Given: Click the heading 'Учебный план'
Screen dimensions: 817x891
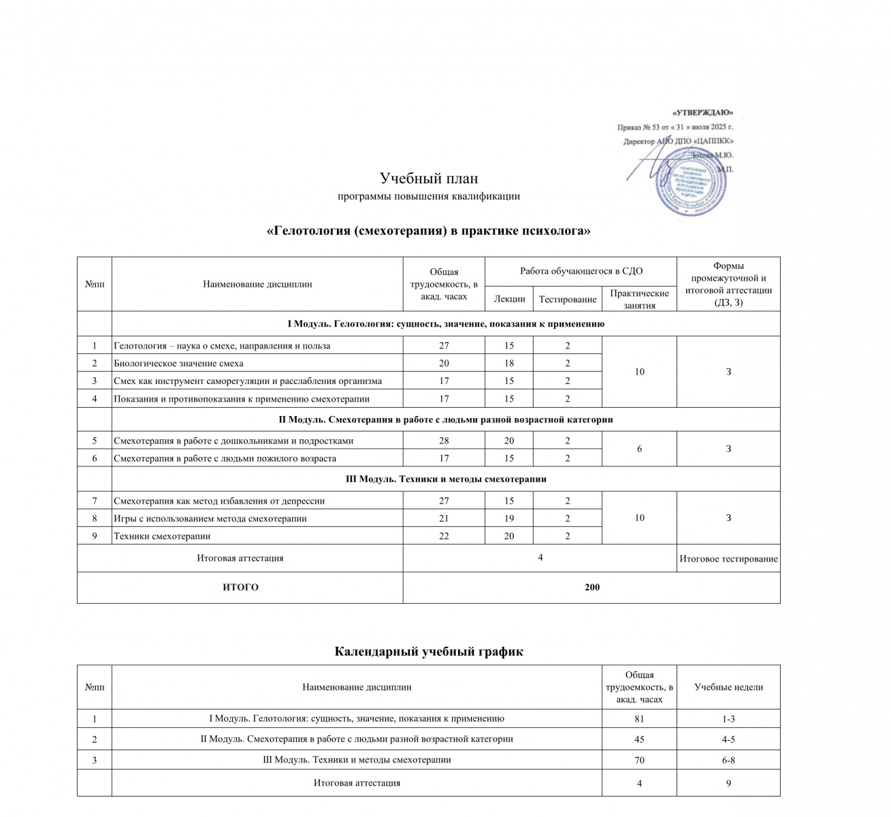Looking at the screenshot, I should tap(429, 178).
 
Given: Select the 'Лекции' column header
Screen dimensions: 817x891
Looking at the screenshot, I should tap(509, 299).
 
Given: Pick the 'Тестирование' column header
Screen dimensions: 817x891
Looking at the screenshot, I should tap(568, 299).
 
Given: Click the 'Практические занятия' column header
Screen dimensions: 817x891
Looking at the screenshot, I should tap(639, 299).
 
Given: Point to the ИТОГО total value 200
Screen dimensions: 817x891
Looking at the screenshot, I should tap(592, 587).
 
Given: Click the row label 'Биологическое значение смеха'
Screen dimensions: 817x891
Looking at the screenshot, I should tap(178, 363).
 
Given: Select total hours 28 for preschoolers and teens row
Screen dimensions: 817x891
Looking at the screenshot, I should tap(444, 440).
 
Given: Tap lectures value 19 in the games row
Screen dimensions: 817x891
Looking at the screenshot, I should tap(509, 518).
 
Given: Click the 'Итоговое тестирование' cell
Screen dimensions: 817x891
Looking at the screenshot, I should tap(728, 559).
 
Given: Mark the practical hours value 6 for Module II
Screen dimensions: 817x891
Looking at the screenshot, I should tap(639, 449).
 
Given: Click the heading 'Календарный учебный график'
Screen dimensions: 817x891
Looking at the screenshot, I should tap(429, 652).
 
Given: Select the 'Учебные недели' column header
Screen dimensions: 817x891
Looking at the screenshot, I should tap(728, 687).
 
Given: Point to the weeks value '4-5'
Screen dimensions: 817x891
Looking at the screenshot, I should tap(728, 739).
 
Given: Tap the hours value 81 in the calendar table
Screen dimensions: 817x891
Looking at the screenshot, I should tap(639, 718).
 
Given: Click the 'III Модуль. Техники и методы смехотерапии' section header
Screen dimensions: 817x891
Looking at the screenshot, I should tap(446, 479).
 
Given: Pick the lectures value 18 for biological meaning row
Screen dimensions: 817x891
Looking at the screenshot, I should tap(509, 363).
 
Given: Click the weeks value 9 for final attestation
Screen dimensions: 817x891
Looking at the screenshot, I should tap(728, 783).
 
